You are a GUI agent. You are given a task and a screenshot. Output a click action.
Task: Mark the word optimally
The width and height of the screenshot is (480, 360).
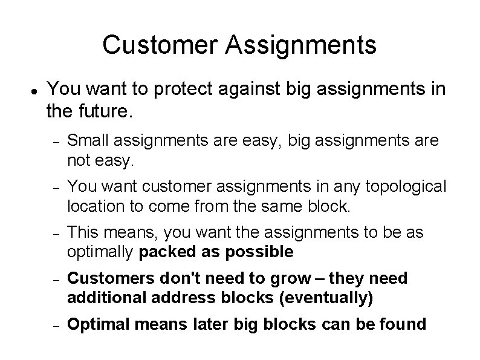101,251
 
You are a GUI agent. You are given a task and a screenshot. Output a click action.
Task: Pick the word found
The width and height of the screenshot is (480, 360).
405,324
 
